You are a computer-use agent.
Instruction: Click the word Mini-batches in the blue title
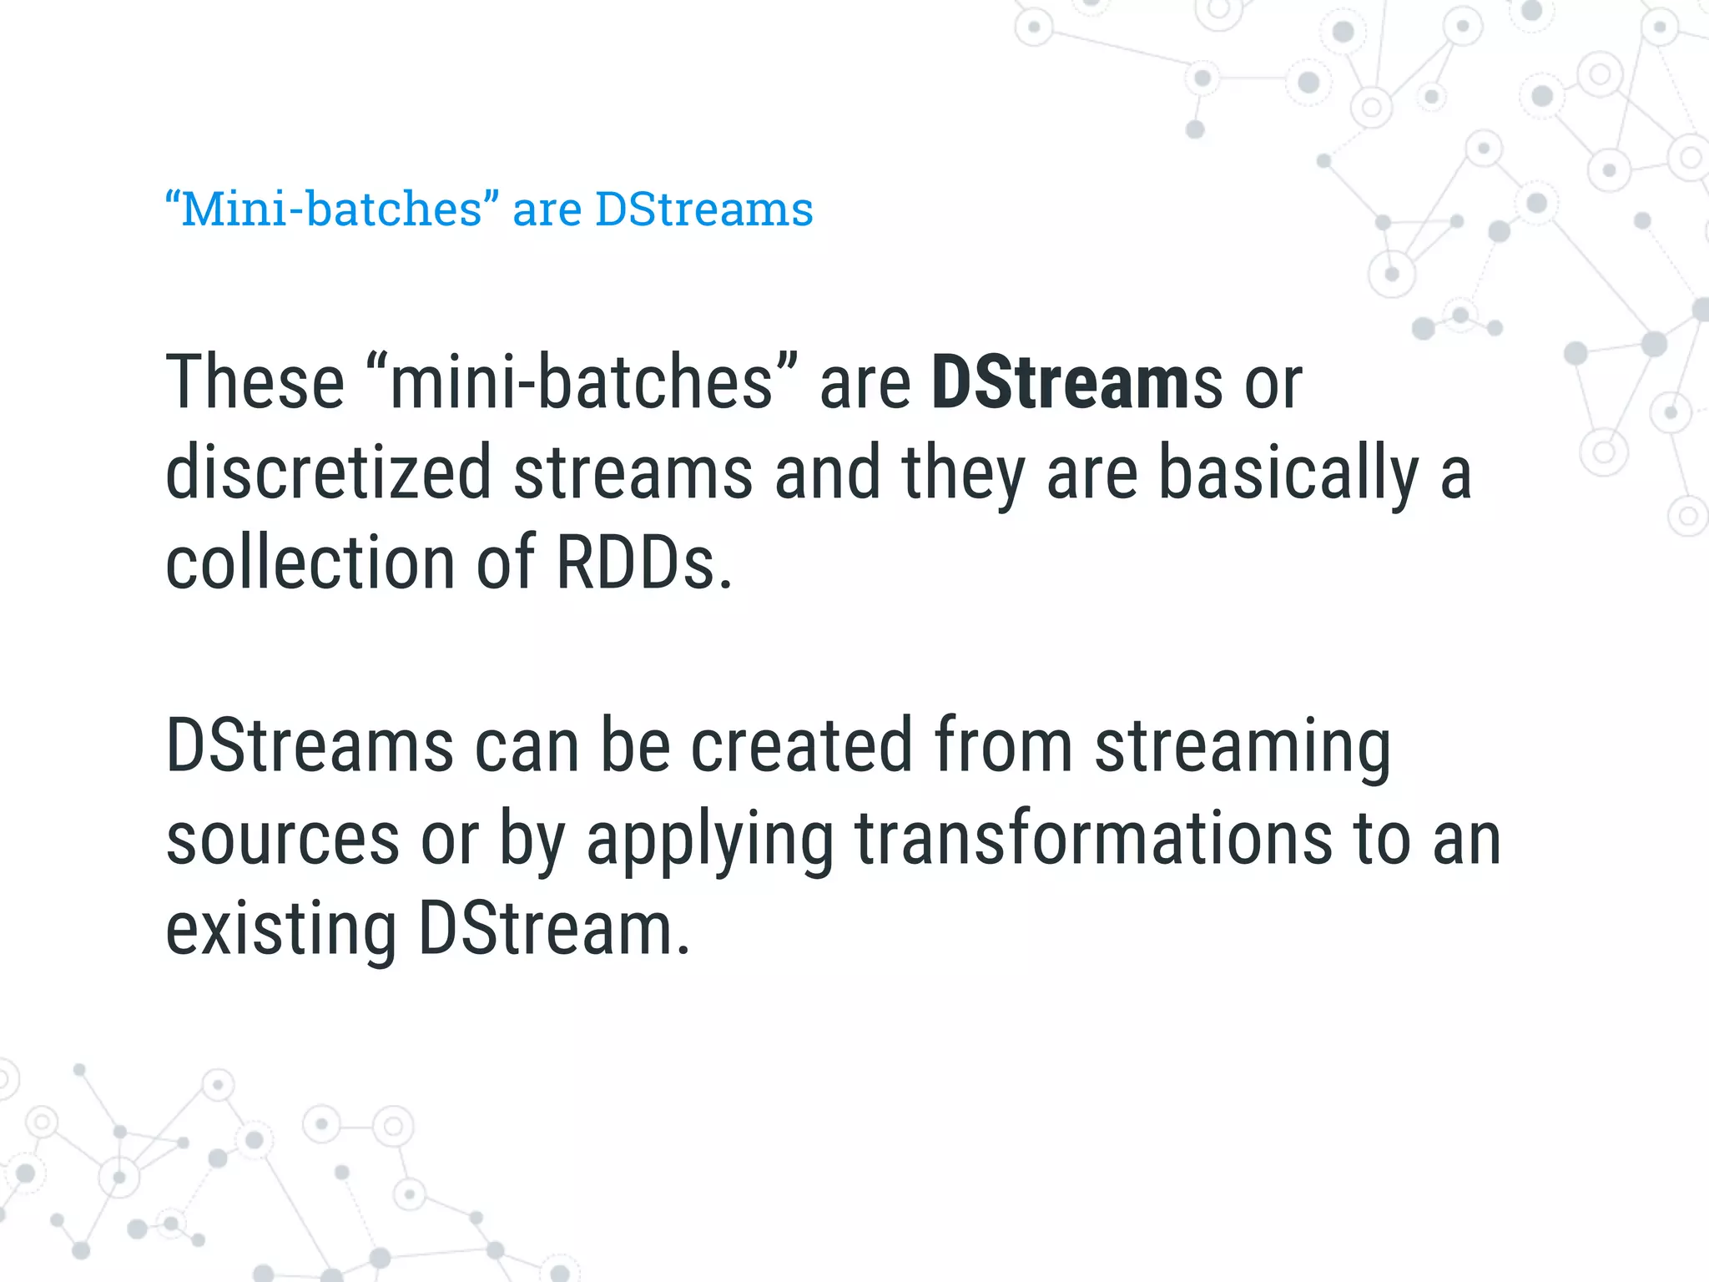331,209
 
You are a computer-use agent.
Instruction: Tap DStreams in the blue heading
703,209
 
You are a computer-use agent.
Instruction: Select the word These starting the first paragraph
255,382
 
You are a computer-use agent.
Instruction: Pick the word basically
1288,473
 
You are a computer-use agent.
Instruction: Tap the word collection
310,563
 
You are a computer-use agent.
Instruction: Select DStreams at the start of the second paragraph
310,745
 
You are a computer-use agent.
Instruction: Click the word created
801,745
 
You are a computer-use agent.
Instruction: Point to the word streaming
1243,745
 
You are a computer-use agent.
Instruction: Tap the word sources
283,838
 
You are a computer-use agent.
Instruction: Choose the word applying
709,838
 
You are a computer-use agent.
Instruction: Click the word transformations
1093,838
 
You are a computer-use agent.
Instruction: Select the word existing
281,929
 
